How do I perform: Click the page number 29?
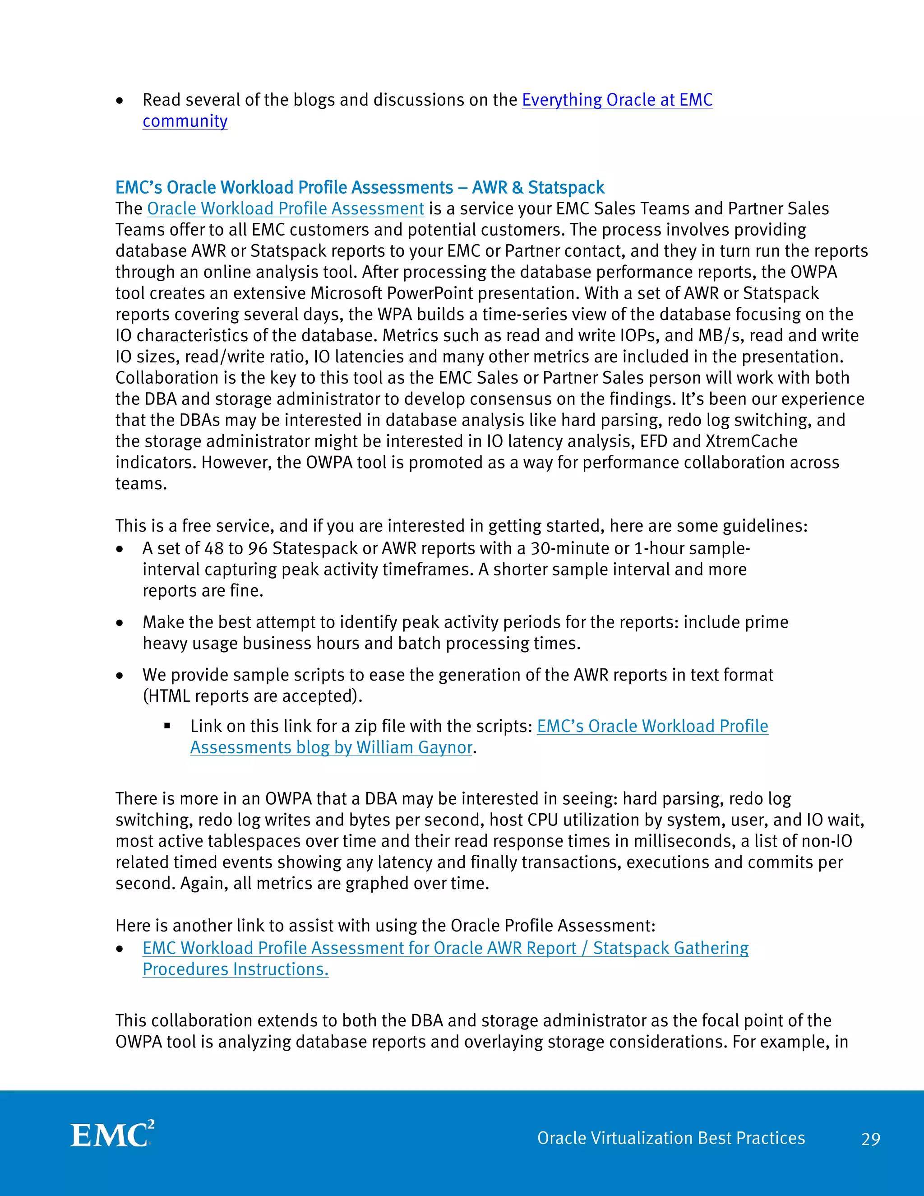coord(870,1139)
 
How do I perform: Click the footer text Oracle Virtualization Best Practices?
coord(670,1138)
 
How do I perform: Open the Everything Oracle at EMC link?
coord(617,100)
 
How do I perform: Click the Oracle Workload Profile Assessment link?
coord(285,209)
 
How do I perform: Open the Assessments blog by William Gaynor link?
coord(331,747)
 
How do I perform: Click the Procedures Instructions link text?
coord(236,969)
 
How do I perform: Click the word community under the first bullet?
coord(185,121)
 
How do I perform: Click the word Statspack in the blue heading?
coord(566,187)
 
